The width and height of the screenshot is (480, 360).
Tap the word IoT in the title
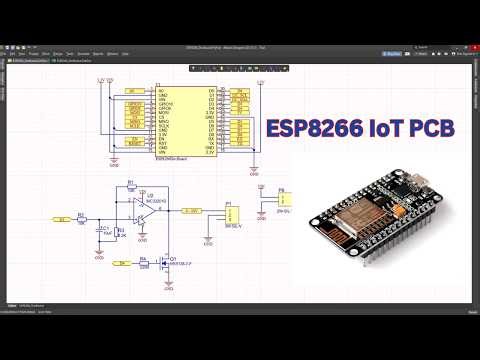coord(384,128)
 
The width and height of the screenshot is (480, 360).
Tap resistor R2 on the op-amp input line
coord(82,215)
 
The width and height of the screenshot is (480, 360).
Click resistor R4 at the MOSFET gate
coord(144,264)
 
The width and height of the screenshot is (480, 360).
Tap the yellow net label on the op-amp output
coord(192,210)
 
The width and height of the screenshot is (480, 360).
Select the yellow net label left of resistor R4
coord(122,264)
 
